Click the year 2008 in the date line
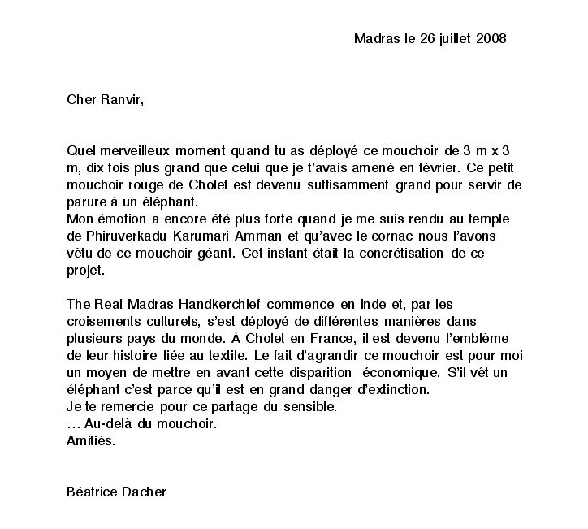(x=491, y=38)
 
